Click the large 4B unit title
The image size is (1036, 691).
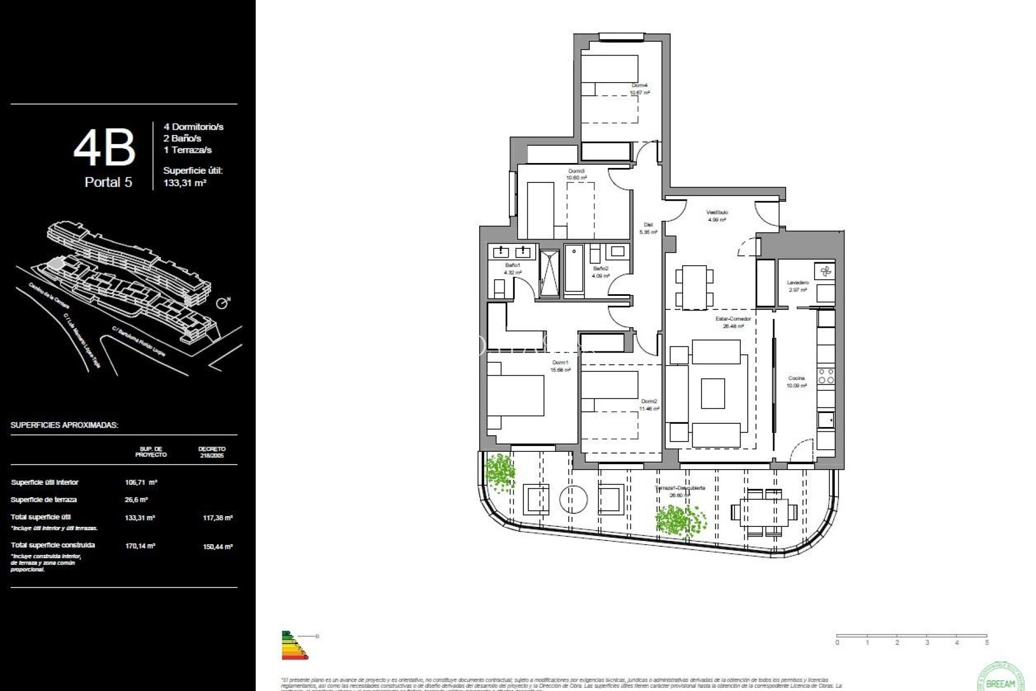[x=104, y=148]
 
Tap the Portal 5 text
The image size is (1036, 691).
[x=108, y=182]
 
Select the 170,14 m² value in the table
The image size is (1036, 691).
[x=140, y=546]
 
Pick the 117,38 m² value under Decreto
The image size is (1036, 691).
[x=217, y=518]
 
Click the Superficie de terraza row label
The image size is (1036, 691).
[x=44, y=500]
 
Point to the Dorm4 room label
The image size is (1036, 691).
[x=639, y=85]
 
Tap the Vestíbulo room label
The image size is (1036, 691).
[x=717, y=212]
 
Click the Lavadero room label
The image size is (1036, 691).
[x=798, y=282]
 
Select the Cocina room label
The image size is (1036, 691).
[x=796, y=378]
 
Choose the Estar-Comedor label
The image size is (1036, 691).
[x=733, y=319]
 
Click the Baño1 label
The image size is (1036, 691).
[x=512, y=265]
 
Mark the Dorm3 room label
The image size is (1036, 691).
[x=576, y=171]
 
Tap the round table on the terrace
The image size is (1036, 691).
[x=573, y=499]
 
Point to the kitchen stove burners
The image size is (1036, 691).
[x=826, y=376]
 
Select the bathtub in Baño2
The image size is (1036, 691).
[x=574, y=270]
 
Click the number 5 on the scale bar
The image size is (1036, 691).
[x=986, y=642]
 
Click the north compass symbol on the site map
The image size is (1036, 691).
[x=222, y=303]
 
